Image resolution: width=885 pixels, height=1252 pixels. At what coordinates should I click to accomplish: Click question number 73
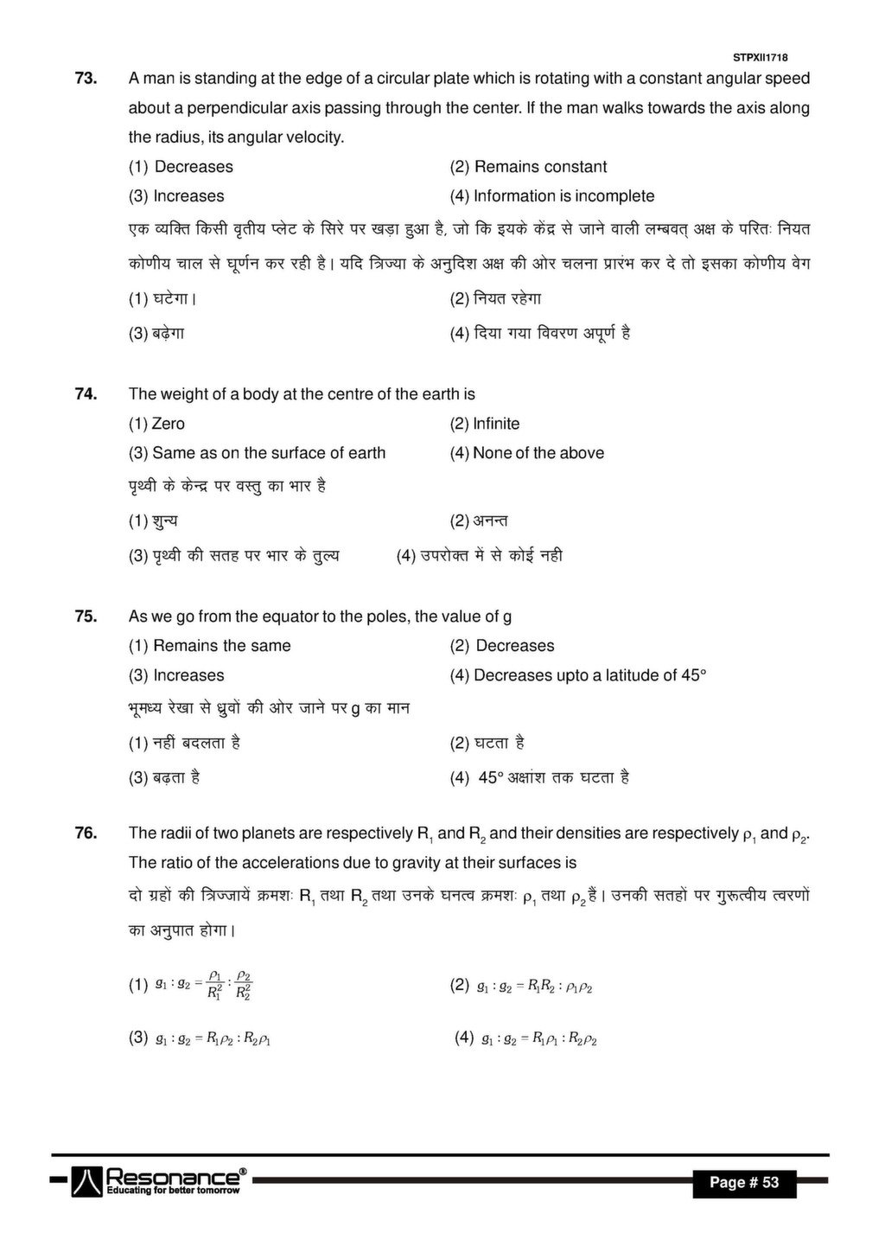point(85,79)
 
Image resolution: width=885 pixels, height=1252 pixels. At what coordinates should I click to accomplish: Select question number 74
point(85,394)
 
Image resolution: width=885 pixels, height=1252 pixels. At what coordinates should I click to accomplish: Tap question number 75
point(85,616)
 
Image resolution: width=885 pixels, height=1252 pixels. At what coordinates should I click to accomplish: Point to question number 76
point(85,834)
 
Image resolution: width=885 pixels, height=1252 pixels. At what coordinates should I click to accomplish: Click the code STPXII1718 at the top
point(761,57)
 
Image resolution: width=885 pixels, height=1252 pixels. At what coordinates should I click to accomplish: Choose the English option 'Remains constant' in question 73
point(528,167)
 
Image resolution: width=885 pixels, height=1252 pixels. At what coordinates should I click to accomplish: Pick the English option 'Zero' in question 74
point(156,424)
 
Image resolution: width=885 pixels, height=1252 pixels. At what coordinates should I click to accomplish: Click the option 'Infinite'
point(485,424)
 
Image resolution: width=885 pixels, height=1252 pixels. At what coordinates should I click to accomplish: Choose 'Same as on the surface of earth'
point(257,453)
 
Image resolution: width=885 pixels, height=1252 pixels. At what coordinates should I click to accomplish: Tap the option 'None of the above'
point(526,453)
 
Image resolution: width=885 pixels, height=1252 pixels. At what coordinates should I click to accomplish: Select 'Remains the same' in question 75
point(210,646)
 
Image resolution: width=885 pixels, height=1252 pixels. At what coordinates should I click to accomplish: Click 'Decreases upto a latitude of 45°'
point(577,675)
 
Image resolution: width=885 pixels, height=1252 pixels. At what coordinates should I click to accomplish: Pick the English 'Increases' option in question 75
point(176,675)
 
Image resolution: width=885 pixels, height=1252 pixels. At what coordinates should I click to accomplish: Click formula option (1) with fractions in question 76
point(192,985)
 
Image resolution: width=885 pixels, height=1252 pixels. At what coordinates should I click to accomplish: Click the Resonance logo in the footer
point(160,1180)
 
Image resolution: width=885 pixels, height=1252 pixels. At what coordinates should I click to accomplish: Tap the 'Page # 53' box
point(744,1182)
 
